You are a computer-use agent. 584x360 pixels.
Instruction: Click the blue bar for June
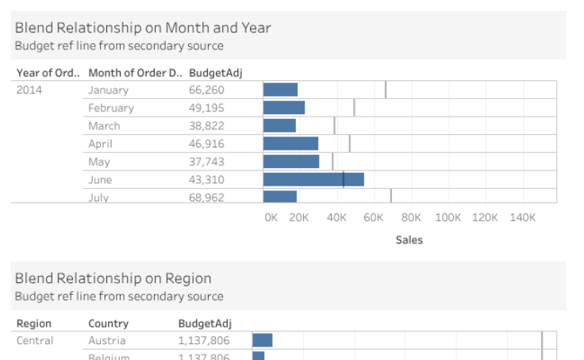click(x=313, y=179)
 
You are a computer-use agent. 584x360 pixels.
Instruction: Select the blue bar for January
click(x=280, y=90)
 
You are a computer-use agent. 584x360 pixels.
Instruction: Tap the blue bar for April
click(x=290, y=144)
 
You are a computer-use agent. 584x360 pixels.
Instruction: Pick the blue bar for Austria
click(x=263, y=340)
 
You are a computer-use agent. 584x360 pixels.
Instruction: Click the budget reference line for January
click(x=386, y=90)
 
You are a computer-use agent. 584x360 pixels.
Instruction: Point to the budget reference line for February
click(x=354, y=108)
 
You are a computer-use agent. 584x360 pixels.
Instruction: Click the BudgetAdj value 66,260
click(x=206, y=90)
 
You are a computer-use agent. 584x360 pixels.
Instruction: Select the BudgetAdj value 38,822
click(x=206, y=125)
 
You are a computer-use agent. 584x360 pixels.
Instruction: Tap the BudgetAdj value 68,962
click(x=206, y=197)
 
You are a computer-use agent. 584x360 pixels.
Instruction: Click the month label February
click(x=111, y=108)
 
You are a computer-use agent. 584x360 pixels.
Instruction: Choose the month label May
click(x=99, y=161)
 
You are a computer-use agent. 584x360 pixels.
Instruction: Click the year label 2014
click(x=29, y=90)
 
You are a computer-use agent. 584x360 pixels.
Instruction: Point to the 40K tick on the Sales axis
click(x=336, y=216)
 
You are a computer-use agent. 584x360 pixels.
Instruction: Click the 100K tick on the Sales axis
click(x=448, y=216)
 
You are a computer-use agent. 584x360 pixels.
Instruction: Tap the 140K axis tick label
click(x=522, y=216)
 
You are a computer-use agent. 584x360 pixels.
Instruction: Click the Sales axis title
click(x=409, y=239)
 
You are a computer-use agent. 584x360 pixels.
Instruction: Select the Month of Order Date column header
click(x=134, y=73)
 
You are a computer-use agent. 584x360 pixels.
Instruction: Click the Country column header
click(x=108, y=324)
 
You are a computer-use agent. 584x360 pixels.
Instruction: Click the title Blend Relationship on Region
click(x=113, y=278)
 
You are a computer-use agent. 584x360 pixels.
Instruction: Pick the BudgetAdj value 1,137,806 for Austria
click(x=204, y=340)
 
